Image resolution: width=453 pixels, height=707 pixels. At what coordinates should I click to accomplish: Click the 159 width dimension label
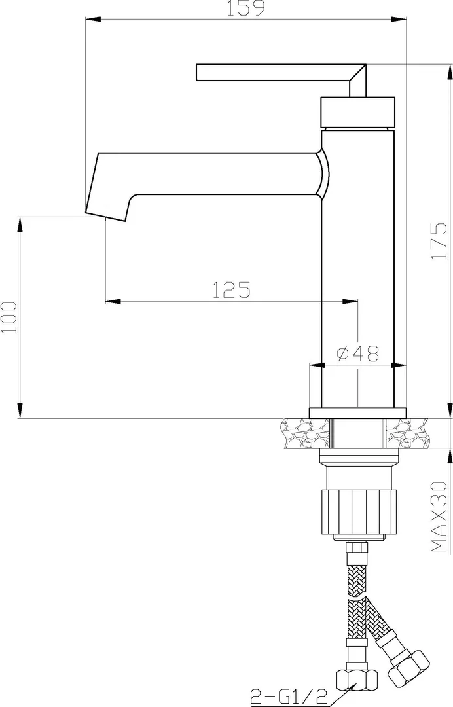click(x=245, y=8)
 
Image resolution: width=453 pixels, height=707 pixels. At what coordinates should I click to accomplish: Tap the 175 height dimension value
click(x=439, y=242)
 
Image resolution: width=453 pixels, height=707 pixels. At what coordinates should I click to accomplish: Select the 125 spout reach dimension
click(x=231, y=290)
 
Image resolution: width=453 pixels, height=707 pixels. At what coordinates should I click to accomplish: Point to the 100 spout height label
click(x=9, y=317)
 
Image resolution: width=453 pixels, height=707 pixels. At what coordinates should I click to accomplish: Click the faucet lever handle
click(x=281, y=80)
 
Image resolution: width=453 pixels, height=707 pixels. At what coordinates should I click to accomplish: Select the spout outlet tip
click(x=105, y=216)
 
